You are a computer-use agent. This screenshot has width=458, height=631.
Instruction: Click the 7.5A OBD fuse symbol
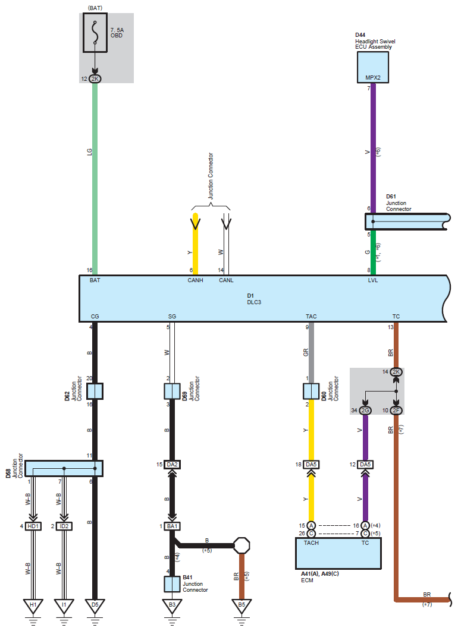[x=95, y=33]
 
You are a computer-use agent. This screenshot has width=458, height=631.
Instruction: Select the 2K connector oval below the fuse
[x=95, y=79]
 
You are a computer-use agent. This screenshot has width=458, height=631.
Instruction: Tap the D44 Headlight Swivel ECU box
[x=373, y=67]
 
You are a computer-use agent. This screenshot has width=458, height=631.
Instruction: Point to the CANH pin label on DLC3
[x=195, y=280]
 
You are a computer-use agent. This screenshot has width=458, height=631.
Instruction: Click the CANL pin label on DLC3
[x=226, y=280]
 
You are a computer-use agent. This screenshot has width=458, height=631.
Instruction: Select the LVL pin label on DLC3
[x=373, y=280]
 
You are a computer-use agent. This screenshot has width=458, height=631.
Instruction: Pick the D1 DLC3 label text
[x=254, y=299]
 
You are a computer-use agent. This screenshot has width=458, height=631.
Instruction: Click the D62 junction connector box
[x=95, y=391]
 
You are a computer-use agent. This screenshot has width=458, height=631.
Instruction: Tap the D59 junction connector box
[x=172, y=391]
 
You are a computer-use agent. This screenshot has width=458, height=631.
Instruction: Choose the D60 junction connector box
[x=311, y=391]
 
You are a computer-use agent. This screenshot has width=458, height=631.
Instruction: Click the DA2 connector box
[x=172, y=465]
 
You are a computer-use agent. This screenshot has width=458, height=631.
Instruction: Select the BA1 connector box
[x=172, y=526]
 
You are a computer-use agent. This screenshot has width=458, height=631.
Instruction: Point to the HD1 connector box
[x=33, y=526]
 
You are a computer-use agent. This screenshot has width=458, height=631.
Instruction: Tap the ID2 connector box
[x=64, y=526]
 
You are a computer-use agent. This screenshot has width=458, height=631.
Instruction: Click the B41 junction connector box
[x=172, y=584]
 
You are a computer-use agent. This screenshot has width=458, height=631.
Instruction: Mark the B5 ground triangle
[x=241, y=605]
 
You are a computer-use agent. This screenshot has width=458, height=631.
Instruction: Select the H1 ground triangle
[x=33, y=605]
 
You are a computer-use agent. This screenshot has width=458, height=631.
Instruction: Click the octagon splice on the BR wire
[x=241, y=545]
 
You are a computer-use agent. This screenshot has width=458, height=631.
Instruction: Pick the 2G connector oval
[x=365, y=411]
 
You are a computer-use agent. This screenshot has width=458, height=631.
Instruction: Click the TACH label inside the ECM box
[x=311, y=543]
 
